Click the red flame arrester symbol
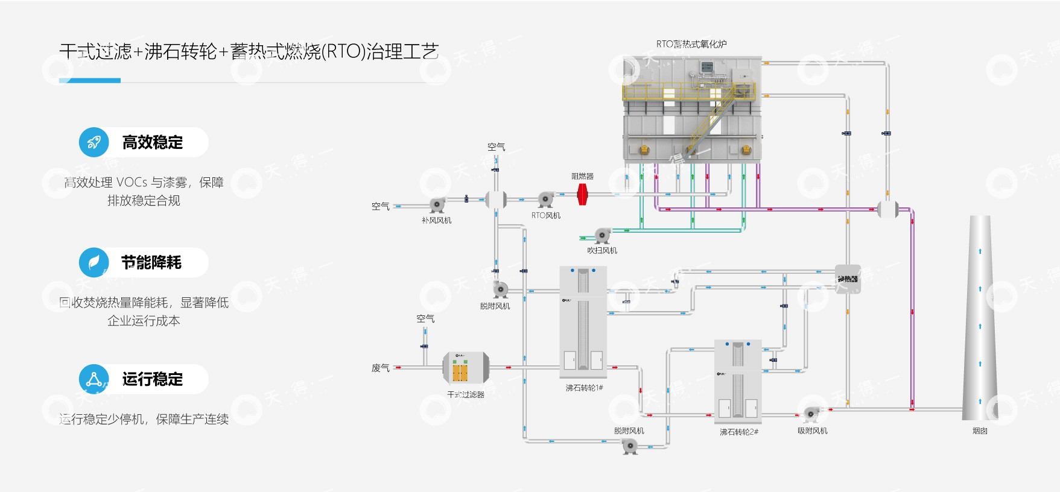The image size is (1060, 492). (582, 194)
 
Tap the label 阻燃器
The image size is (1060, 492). (582, 176)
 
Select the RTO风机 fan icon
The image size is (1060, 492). (546, 198)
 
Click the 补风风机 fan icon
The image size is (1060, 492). (437, 205)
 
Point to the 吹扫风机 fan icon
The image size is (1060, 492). (603, 235)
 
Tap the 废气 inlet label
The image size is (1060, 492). (380, 368)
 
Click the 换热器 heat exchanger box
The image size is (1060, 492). (848, 279)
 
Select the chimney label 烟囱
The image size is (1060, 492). (980, 430)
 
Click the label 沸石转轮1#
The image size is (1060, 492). (584, 388)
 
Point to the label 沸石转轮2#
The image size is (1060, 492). (738, 432)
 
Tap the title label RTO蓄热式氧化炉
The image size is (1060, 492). (691, 44)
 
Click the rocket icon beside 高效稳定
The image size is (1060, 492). (94, 142)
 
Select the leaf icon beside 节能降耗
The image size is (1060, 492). (94, 262)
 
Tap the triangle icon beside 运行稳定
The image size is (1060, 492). (94, 379)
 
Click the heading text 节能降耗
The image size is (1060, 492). (151, 262)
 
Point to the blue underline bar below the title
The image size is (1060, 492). (90, 80)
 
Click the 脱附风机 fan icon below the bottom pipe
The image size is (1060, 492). (630, 446)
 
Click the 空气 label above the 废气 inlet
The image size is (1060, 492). (425, 318)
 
